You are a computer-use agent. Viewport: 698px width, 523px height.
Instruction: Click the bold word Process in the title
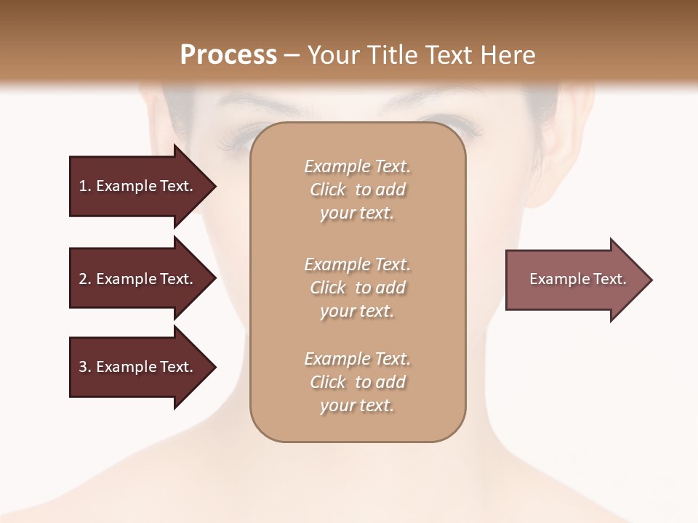click(x=228, y=55)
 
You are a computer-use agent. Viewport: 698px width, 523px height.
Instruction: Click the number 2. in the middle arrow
click(x=85, y=279)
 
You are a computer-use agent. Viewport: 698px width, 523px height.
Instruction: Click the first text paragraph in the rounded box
click(x=357, y=190)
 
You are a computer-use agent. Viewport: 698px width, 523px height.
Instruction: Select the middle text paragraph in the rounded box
click(x=357, y=288)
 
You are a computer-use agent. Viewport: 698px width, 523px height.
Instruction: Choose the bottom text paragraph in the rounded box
click(x=357, y=382)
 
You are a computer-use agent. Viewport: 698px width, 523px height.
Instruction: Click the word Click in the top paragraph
click(x=328, y=190)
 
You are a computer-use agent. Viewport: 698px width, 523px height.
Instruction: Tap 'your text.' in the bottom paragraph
click(x=357, y=405)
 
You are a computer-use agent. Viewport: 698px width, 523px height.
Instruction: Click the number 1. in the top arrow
click(x=85, y=186)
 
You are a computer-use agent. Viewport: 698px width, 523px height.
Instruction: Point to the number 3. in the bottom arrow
click(x=85, y=367)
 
